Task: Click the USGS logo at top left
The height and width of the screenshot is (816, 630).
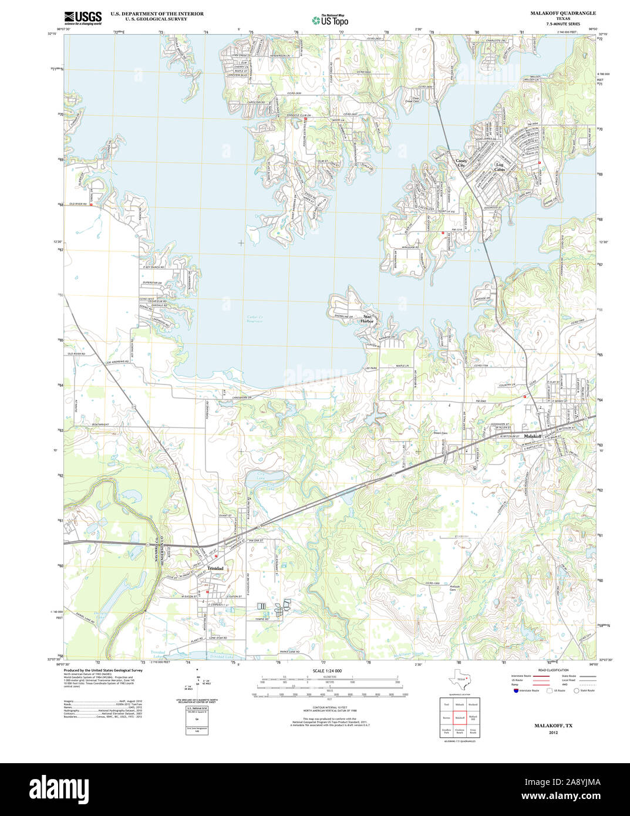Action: tap(83, 17)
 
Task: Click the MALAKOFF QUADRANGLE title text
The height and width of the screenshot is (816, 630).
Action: tap(562, 13)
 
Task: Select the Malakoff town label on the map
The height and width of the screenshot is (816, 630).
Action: tap(532, 437)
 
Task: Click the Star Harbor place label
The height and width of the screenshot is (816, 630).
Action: tap(368, 319)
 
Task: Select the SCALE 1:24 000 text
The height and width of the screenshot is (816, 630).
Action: tap(328, 670)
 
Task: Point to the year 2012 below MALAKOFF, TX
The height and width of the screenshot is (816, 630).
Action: tap(553, 733)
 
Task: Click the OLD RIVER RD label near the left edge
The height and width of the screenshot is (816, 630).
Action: tap(77, 204)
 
